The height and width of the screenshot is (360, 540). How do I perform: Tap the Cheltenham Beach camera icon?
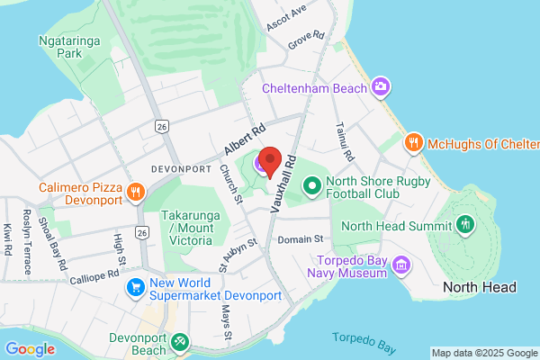(383, 87)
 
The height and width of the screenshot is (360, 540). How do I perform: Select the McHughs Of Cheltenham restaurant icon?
(413, 142)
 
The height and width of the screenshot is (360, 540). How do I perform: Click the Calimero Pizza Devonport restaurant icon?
(136, 191)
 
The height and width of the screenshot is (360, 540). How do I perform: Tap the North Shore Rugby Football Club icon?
(312, 187)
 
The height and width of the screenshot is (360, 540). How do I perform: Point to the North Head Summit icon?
(465, 224)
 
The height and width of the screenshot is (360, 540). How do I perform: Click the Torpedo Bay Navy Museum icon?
(401, 265)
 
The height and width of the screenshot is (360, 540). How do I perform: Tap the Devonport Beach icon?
(181, 341)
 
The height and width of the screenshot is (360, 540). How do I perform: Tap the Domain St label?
(300, 239)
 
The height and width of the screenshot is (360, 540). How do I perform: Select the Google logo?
(30, 349)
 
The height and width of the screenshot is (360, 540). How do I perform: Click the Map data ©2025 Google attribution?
(483, 353)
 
